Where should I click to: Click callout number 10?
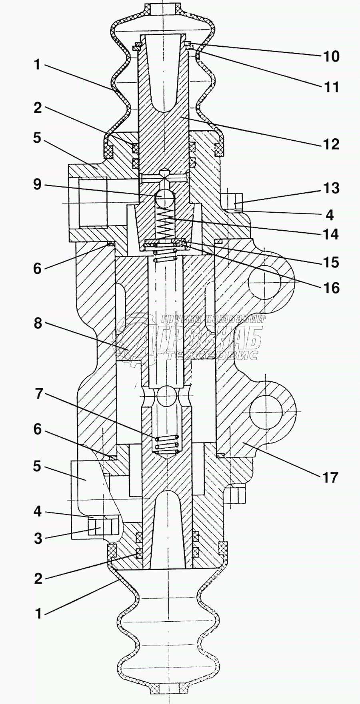point(331,57)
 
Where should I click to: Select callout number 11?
point(331,87)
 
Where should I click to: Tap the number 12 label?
point(331,144)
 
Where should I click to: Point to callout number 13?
point(331,188)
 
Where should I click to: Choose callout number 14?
point(331,234)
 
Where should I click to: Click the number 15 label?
point(331,263)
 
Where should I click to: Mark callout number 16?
point(331,288)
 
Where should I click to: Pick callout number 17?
point(330,477)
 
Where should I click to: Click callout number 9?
point(37,185)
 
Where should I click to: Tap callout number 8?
point(38,323)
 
